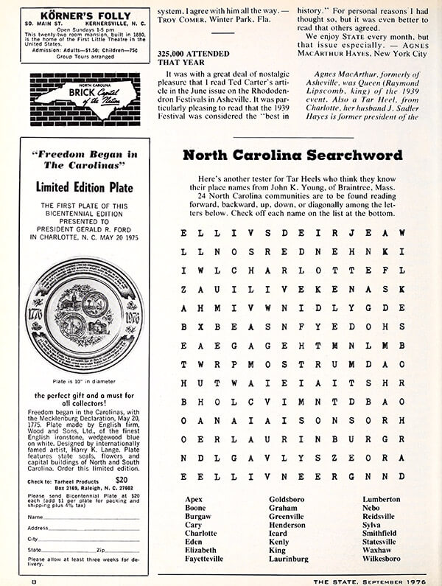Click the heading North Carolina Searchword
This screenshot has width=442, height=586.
click(x=292, y=156)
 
